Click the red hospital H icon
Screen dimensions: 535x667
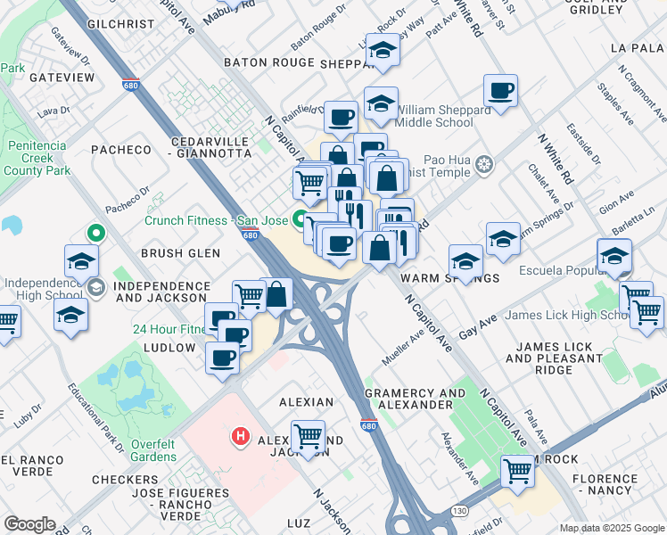pos(240,437)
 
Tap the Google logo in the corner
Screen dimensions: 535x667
pos(29,524)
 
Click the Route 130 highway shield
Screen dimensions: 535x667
pos(459,511)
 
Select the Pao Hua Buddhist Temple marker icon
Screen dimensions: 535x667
pos(484,165)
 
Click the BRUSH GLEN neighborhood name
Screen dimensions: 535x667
pos(179,253)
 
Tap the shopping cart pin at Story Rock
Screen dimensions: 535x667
pos(518,471)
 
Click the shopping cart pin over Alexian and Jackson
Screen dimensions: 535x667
pos(309,438)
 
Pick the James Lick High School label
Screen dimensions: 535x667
pos(568,315)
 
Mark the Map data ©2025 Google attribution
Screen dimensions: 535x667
pos(611,528)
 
